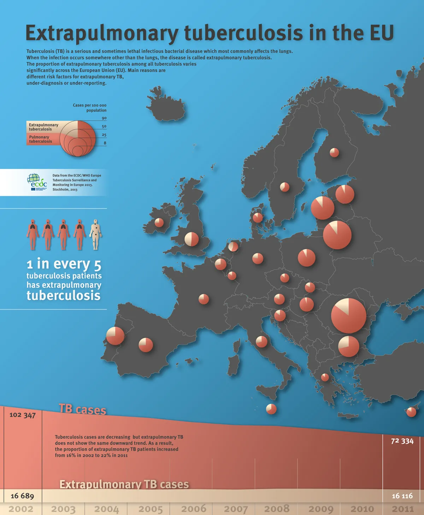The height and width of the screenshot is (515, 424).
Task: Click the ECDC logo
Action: pos(37,182)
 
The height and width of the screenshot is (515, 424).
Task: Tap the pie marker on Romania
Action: pos(348,315)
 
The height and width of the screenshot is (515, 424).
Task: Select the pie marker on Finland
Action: pos(334,152)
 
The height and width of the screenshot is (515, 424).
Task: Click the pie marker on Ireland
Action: pos(159,222)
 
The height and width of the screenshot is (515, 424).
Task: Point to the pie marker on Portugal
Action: pos(115,336)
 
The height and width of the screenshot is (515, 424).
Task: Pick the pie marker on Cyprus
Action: pos(411,412)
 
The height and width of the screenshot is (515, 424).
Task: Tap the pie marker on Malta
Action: pos(271,409)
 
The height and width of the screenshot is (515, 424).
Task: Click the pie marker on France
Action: pos(204,299)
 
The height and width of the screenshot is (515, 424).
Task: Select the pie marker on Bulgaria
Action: pos(348,346)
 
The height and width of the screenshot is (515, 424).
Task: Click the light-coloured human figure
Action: pos(95,234)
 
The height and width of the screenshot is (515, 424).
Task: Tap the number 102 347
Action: pos(23,415)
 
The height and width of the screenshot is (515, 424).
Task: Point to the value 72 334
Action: pos(402,441)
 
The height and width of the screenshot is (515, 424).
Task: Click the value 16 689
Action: pos(22,496)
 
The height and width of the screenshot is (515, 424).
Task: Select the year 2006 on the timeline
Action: pos(194,509)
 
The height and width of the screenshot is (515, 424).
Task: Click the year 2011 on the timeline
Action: pos(403,509)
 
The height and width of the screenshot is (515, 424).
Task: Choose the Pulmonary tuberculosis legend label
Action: pos(40,139)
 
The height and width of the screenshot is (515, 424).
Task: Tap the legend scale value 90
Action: pos(104,118)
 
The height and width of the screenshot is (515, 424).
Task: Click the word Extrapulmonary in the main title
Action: pos(102,33)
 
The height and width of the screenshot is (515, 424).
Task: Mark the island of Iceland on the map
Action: pos(165,106)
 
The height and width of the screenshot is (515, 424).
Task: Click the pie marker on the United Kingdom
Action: pos(192,239)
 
